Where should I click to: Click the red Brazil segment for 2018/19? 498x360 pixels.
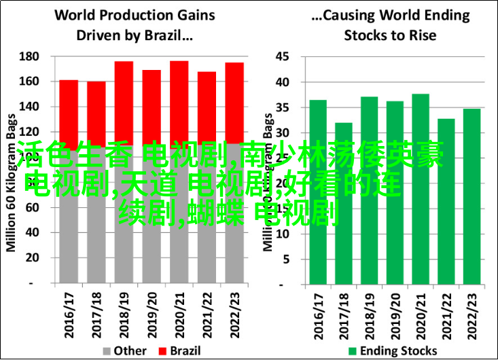(x=124, y=102)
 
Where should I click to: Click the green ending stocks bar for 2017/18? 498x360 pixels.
(x=344, y=204)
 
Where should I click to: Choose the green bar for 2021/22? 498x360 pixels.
(x=446, y=204)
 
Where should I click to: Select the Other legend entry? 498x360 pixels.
(x=125, y=350)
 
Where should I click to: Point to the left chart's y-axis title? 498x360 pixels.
(x=12, y=170)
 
